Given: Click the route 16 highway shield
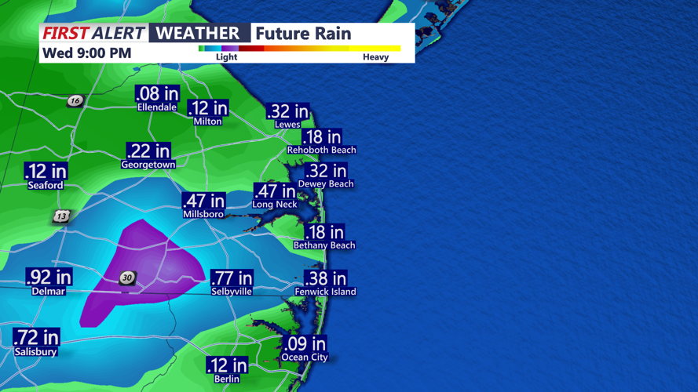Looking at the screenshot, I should pos(75,100).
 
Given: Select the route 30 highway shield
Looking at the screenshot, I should pos(127,278).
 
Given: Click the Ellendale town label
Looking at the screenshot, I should pos(157,107).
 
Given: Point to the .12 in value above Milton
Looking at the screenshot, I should pos(208,108).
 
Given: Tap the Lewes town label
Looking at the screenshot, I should pos(287,125).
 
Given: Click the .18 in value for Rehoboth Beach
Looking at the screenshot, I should pos(322,137).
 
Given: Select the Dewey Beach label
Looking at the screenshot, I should pos(326,184).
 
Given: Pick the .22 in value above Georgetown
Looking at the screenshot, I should pos(148,151).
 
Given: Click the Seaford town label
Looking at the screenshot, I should pos(46,186).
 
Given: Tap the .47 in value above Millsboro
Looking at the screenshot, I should pos(203,201).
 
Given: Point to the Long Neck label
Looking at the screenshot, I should pos(275,205).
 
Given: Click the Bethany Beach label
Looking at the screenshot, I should pos(324,245).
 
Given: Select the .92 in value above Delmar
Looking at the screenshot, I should pos(49,277).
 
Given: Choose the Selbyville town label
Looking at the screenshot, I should pos(232,291).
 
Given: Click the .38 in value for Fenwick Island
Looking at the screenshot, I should pos(325,278).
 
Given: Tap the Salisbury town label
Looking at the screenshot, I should pos(35,352).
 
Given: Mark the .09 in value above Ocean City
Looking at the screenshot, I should pos(305,344).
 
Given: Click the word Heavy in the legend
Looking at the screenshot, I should pos(375,57).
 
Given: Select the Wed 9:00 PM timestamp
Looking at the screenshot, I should pos(86,53).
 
